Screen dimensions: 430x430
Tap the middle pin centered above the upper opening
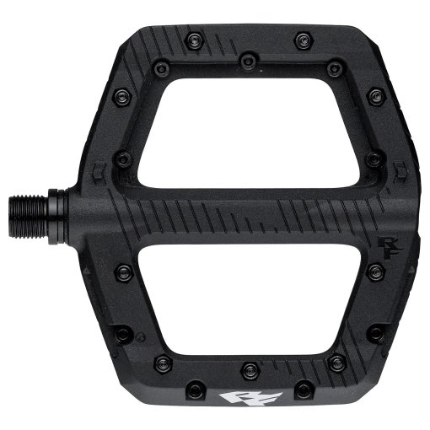point(247,61)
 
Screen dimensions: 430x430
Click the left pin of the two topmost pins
point(196,38)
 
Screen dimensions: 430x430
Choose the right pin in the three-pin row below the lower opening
point(337,363)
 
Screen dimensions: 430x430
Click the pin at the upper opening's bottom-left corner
point(122,158)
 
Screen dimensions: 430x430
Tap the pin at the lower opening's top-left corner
point(123,272)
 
